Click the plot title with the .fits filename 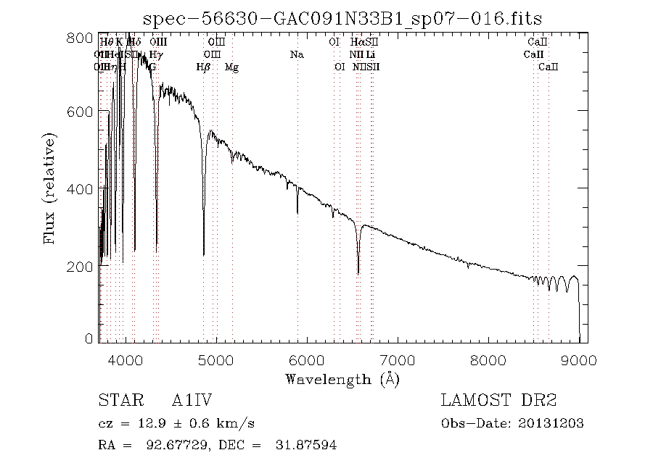point(342,18)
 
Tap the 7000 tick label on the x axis point(398,360)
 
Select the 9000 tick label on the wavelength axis point(579,360)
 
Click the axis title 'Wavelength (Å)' point(342,379)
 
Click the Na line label point(297,54)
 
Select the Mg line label point(231,67)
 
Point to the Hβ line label point(203,67)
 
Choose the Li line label point(370,54)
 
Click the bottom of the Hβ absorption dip point(204,254)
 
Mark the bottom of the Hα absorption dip point(358,273)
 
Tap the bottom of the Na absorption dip point(297,213)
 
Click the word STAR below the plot point(116,401)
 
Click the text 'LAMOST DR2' point(498,401)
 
